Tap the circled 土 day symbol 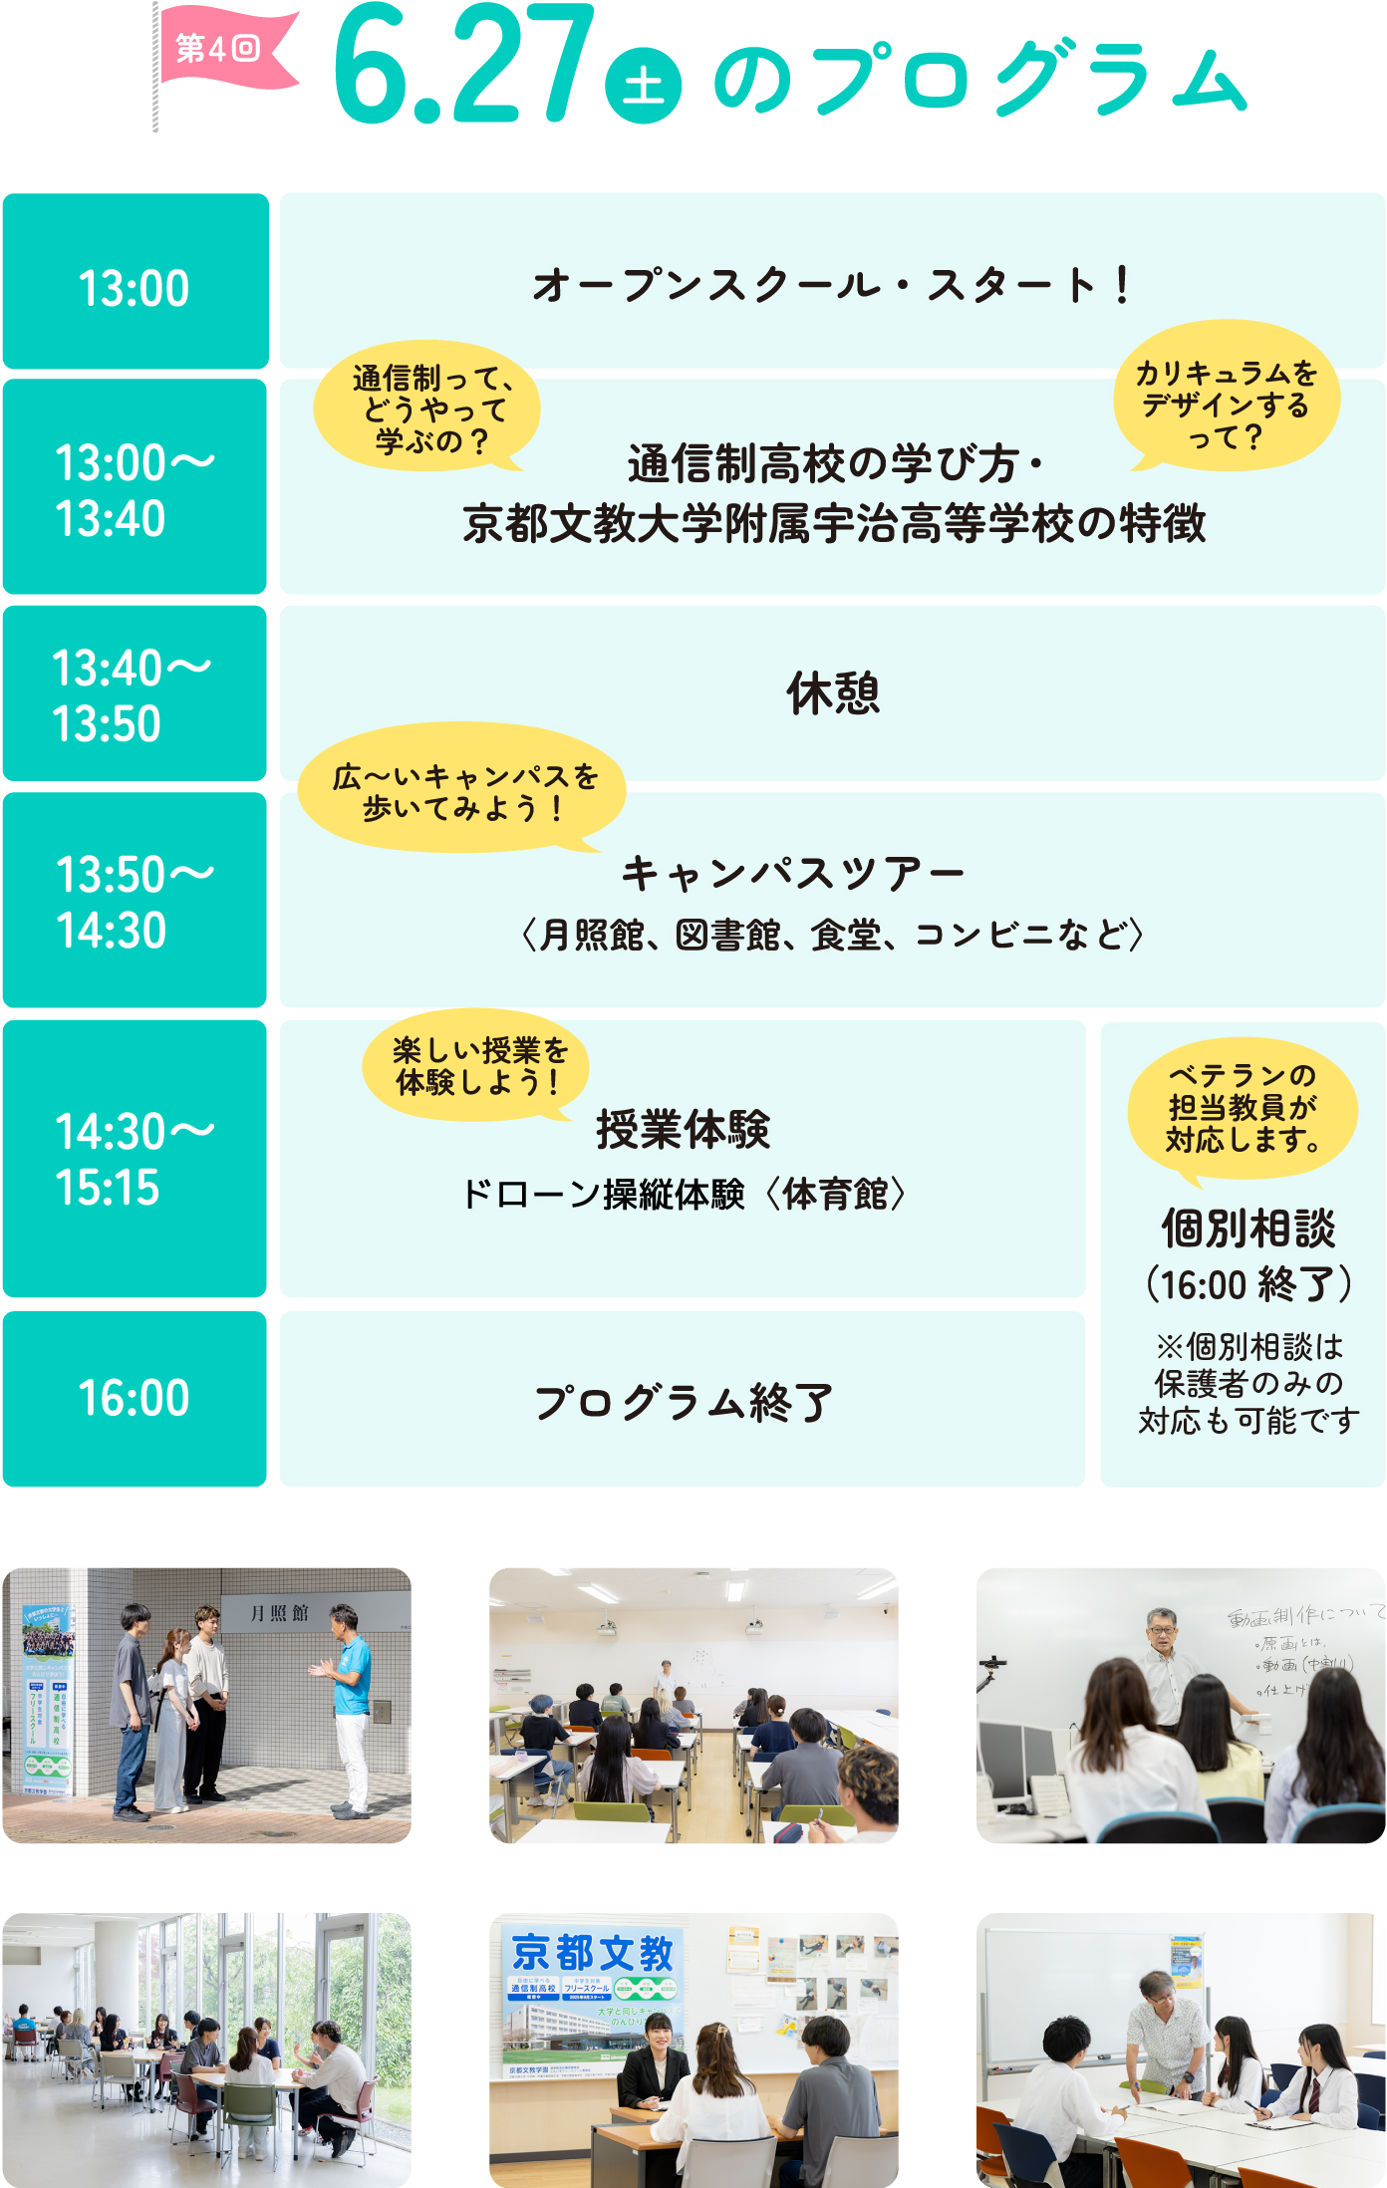coord(644,85)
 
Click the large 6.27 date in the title coord(463,66)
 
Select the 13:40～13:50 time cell coord(135,693)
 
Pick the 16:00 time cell coord(135,1398)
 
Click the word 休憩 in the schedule coord(833,693)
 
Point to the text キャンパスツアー coord(793,874)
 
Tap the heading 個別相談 coord(1248,1228)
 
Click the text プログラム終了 coord(684,1402)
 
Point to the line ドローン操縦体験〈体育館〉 coord(684,1194)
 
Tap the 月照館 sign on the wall coord(279,1613)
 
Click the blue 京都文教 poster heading coord(592,1953)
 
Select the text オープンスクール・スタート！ coord(833,285)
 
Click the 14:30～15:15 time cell coord(135,1159)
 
